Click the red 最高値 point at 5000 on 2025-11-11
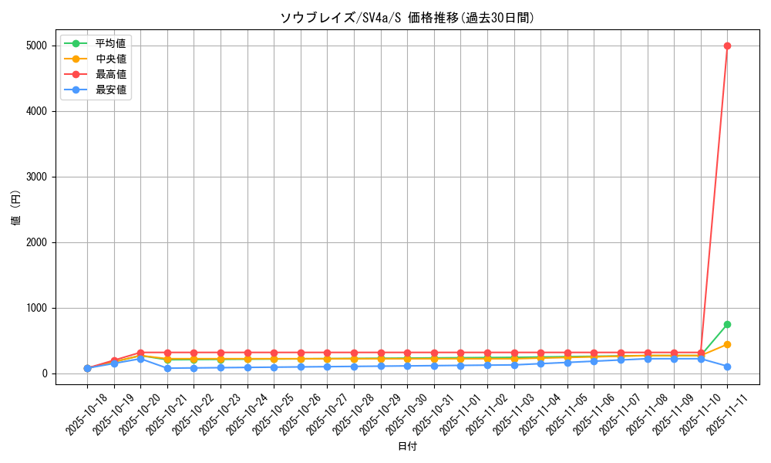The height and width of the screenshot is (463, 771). point(727,46)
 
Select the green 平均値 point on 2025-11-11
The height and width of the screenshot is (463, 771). point(727,324)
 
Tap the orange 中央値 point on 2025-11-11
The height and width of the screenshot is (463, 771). point(727,344)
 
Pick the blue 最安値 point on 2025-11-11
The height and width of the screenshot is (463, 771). point(727,367)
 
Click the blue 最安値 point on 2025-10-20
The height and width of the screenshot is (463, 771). point(140,359)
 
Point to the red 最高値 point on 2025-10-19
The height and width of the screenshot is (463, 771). point(114,360)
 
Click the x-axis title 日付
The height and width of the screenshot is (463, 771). point(407,447)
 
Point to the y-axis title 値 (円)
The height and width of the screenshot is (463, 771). point(16,209)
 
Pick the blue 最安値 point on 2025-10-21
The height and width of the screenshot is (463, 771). point(167,368)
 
